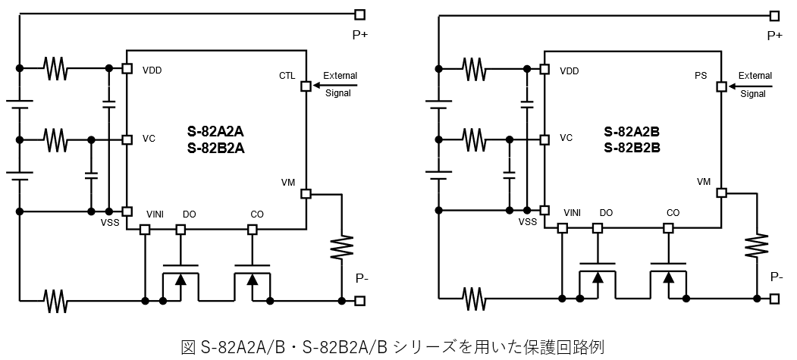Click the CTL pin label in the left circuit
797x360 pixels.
click(x=287, y=76)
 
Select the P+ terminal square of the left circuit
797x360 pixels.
click(x=359, y=14)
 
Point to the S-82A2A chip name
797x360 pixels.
click(x=215, y=130)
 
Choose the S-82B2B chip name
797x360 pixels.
click(x=632, y=148)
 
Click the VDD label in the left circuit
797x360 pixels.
click(x=152, y=70)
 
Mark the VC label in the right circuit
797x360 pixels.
click(x=566, y=139)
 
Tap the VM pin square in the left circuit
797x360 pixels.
click(x=306, y=194)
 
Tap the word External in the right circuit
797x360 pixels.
click(x=755, y=76)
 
